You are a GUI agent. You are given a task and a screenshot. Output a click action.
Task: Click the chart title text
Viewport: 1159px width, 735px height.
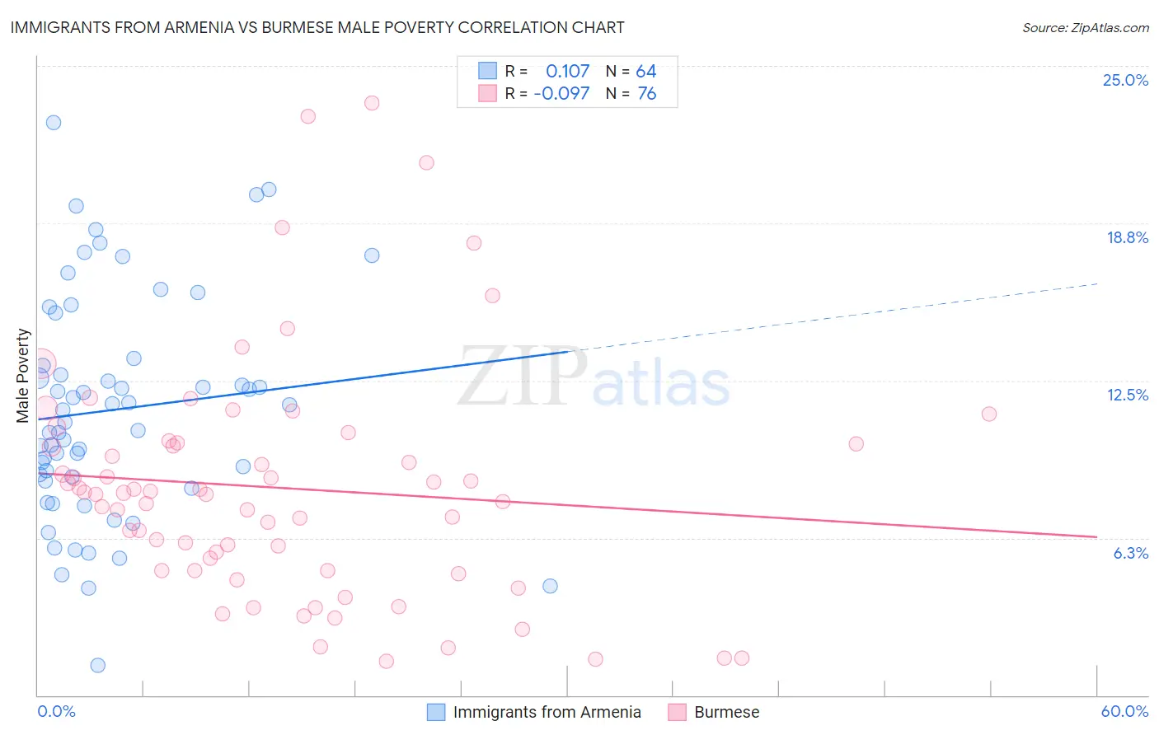(317, 27)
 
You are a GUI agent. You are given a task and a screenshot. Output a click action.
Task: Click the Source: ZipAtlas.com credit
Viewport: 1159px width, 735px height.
(1085, 27)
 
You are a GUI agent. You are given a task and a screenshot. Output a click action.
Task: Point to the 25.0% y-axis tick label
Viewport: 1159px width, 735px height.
(1124, 80)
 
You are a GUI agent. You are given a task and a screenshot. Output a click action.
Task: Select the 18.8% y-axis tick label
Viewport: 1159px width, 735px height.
(1126, 237)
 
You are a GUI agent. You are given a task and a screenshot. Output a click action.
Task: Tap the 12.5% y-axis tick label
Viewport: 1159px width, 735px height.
(1126, 395)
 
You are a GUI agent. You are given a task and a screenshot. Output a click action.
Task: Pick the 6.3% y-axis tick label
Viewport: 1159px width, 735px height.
(1130, 553)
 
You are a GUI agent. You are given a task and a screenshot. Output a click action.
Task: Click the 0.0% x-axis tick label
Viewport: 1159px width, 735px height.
(56, 711)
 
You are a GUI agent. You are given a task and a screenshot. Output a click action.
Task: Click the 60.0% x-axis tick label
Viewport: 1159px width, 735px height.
(1124, 711)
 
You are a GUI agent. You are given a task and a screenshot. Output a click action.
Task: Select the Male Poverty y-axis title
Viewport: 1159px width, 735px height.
(23, 376)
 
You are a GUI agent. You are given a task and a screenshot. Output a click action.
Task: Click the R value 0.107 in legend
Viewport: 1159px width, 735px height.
(567, 72)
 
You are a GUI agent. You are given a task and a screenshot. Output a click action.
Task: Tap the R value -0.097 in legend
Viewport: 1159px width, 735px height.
(561, 94)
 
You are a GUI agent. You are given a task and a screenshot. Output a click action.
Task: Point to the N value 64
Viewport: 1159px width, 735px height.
(645, 72)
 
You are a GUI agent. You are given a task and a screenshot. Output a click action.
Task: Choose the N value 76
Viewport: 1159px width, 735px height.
(646, 94)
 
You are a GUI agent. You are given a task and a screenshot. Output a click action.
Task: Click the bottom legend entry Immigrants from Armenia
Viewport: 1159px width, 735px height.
(547, 712)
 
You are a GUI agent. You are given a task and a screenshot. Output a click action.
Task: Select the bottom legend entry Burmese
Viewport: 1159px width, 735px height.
(726, 712)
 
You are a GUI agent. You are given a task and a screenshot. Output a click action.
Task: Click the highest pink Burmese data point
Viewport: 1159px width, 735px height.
(372, 103)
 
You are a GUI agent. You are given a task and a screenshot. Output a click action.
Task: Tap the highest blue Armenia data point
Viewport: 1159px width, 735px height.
(54, 122)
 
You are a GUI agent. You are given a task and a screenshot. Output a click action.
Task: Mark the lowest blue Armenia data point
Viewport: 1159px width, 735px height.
(97, 665)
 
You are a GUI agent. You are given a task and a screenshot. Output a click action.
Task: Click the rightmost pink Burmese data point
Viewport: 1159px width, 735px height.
(989, 414)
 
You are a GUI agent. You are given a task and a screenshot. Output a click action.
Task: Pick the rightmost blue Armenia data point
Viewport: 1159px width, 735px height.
(550, 586)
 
